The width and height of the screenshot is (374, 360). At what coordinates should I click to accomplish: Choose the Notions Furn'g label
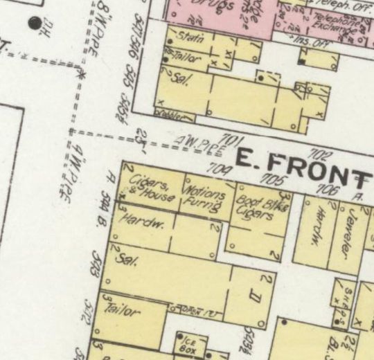[x=202, y=196]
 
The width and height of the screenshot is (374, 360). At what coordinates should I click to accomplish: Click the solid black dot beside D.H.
[x=34, y=24]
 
